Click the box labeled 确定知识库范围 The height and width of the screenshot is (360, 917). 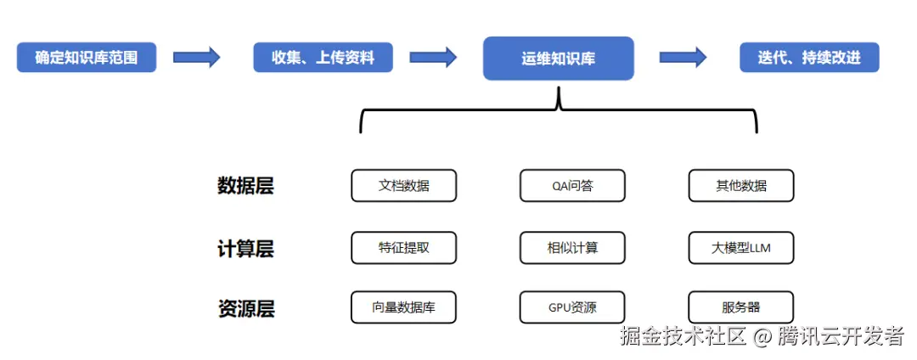87,58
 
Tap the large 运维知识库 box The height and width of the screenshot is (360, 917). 558,59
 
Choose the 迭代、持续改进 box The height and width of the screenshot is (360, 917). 808,58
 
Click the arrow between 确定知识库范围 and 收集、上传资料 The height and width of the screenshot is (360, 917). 196,58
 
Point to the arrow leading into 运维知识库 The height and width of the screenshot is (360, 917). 433,58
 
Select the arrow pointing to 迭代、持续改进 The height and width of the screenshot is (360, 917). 684,58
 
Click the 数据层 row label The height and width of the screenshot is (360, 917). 245,186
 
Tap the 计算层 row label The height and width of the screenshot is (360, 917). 245,249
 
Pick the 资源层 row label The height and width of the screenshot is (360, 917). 245,308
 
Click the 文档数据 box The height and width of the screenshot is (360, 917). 403,186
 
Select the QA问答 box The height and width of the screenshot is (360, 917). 571,186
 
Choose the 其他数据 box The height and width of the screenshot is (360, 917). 740,186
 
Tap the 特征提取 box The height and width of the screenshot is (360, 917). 403,248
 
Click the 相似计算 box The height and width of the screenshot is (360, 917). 571,248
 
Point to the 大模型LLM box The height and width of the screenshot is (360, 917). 740,248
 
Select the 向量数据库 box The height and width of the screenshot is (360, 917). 403,307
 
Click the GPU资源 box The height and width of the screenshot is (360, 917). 571,307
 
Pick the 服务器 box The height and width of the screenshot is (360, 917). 740,307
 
